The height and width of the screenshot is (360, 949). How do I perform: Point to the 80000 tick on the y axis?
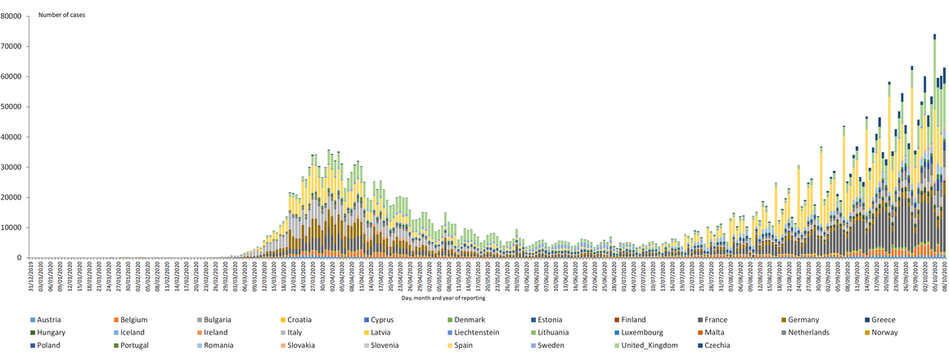[x=12, y=16]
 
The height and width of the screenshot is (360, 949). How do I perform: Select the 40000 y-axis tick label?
[x=12, y=137]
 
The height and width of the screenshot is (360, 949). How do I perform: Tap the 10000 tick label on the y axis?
[x=12, y=227]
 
